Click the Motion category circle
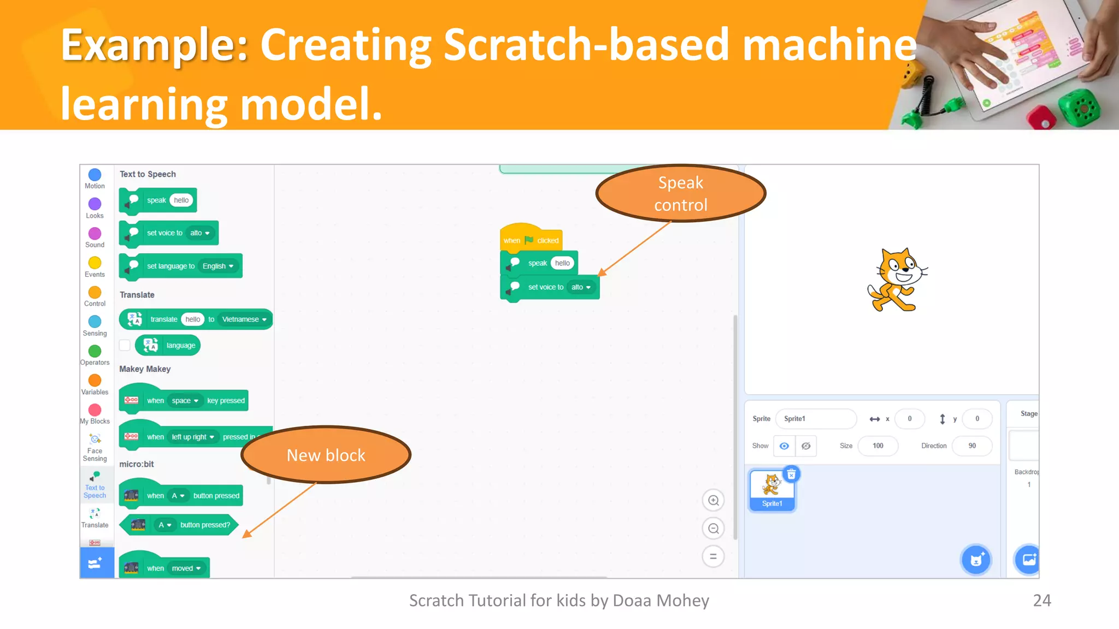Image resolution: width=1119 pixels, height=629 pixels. point(95,175)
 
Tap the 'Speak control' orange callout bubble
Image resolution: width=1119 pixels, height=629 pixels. point(680,193)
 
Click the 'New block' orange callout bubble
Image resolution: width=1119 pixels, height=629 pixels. point(326,455)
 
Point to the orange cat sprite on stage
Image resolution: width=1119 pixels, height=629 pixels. point(897,280)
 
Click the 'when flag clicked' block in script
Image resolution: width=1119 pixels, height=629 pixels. point(530,240)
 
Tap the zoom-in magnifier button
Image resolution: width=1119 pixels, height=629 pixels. point(713,500)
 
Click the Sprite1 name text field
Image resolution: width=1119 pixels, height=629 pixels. point(815,419)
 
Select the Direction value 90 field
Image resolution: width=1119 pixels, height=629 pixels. point(971,446)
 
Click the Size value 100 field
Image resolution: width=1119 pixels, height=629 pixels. point(877,446)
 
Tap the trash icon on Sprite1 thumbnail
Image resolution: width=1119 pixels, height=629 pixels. point(791,474)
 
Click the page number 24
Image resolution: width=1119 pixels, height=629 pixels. point(1041,600)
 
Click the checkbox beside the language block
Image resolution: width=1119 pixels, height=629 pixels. point(125,345)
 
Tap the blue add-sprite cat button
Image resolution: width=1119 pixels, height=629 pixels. point(976,560)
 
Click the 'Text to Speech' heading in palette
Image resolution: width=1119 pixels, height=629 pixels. point(148,174)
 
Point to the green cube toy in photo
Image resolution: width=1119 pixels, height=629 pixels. point(1079,107)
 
